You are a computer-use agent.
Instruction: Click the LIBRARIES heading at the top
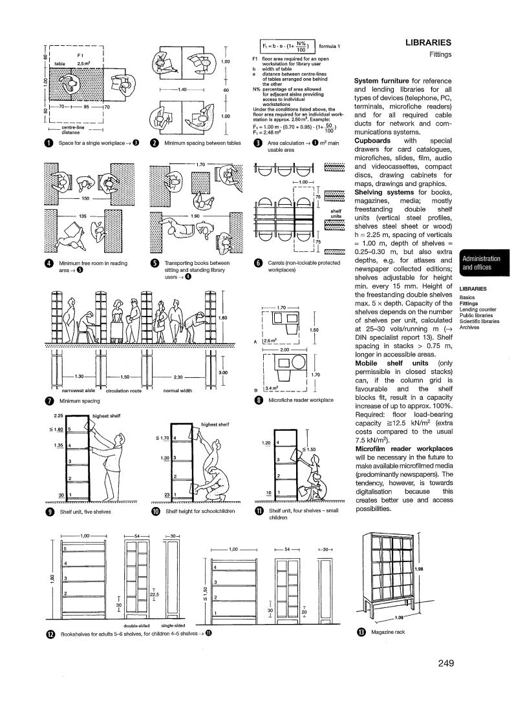pyautogui.click(x=427, y=42)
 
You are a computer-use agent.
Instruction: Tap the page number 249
pyautogui.click(x=445, y=663)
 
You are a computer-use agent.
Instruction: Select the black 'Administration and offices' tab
pyautogui.click(x=485, y=263)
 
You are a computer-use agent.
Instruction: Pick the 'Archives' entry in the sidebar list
pyautogui.click(x=469, y=327)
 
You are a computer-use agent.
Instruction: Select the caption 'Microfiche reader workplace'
pyautogui.click(x=301, y=401)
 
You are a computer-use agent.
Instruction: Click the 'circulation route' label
pyautogui.click(x=123, y=391)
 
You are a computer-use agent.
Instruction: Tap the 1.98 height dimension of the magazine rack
pyautogui.click(x=418, y=568)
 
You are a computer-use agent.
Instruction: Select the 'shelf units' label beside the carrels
pyautogui.click(x=336, y=213)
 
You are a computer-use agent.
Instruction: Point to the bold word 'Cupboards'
pyautogui.click(x=374, y=140)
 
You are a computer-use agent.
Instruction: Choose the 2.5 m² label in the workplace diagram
pyautogui.click(x=84, y=64)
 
